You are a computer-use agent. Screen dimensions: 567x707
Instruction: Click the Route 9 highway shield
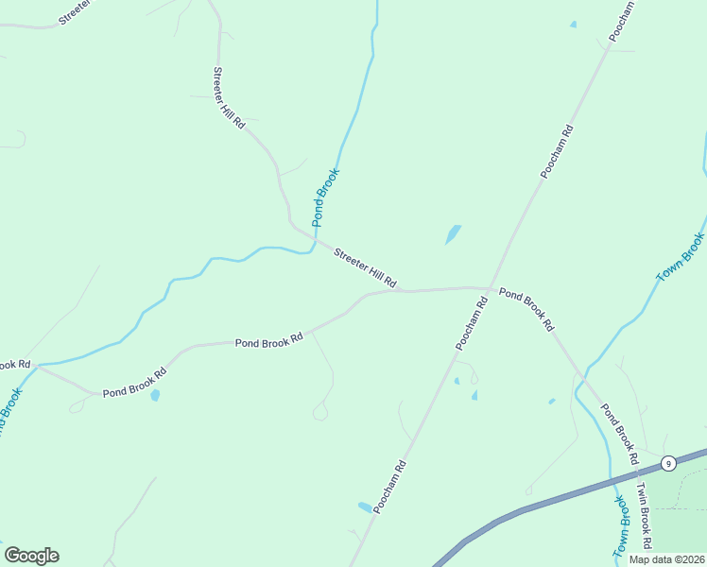668,463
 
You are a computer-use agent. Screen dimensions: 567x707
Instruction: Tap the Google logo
31,556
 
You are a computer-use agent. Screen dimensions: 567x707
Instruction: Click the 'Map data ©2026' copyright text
665,559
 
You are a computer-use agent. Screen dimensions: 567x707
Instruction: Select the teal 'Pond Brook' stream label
325,197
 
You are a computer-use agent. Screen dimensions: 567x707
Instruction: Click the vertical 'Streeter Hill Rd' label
229,98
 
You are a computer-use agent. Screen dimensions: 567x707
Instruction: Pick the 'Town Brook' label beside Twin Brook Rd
621,525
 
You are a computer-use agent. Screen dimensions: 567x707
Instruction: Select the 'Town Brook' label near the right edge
681,256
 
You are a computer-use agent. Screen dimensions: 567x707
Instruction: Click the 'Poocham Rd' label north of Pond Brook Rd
558,151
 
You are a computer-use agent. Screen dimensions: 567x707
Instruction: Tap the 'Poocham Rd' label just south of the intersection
471,324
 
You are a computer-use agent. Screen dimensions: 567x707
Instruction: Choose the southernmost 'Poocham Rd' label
389,487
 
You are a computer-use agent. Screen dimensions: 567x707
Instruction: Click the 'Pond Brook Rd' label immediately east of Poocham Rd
526,310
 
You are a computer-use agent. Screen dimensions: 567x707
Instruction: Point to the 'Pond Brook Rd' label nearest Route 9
619,436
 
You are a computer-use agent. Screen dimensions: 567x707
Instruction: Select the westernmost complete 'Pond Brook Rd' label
132,386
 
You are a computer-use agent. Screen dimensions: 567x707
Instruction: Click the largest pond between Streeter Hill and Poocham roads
453,233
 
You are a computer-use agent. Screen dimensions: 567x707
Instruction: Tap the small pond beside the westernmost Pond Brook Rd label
155,395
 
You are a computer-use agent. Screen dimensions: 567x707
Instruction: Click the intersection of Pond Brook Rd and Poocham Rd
489,287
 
